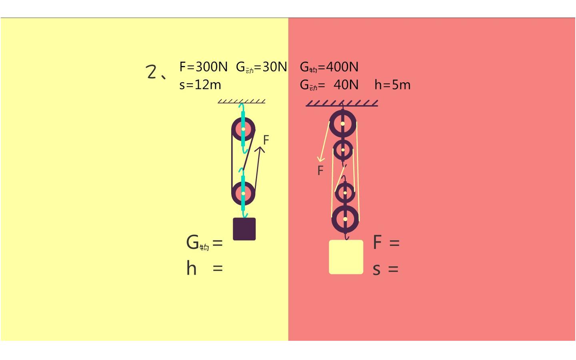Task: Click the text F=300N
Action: click(203, 67)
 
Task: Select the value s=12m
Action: click(200, 85)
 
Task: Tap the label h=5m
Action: click(392, 85)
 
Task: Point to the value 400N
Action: click(342, 67)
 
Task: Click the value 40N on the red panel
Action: click(346, 85)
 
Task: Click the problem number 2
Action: click(151, 72)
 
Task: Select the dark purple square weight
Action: click(244, 229)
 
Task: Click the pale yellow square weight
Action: click(346, 257)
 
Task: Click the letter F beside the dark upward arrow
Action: click(266, 140)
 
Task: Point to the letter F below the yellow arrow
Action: click(320, 170)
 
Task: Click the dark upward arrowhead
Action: click(260, 149)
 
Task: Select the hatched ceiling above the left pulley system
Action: click(242, 101)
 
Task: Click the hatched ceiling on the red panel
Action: click(342, 103)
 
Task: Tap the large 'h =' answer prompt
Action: click(204, 268)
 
